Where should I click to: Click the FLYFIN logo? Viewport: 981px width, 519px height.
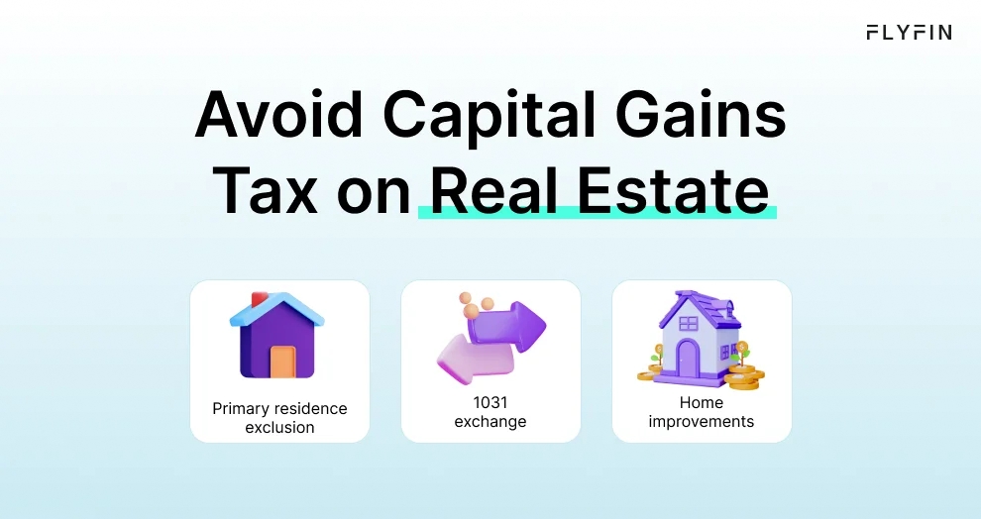tap(909, 32)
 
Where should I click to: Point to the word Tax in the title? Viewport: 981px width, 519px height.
tap(266, 190)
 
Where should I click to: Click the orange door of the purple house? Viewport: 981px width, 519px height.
tap(282, 362)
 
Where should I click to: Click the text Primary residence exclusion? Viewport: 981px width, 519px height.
tap(279, 418)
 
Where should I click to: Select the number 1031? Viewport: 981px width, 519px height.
tap(490, 403)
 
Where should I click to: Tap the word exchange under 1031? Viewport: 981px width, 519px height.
tap(490, 422)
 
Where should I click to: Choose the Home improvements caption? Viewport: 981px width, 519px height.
tap(702, 412)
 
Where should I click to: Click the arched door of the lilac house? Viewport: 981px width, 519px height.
tap(687, 356)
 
